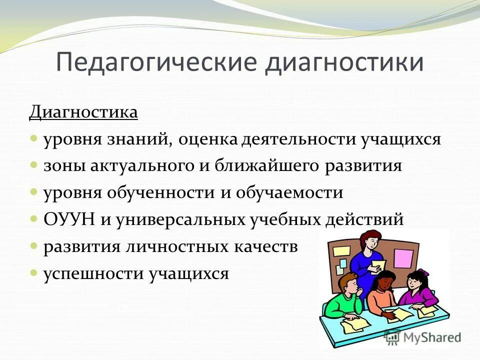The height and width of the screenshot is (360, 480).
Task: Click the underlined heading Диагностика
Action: click(x=83, y=112)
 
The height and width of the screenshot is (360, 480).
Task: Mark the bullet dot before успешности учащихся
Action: click(x=33, y=273)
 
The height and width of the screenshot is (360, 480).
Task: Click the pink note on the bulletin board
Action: click(x=403, y=258)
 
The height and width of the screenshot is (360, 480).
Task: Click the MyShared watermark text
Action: click(x=429, y=337)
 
